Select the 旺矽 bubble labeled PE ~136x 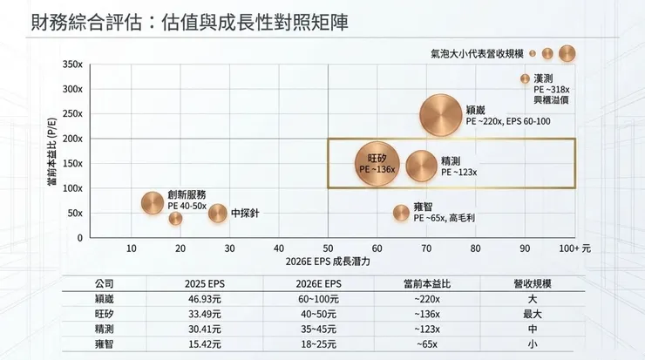[377, 163]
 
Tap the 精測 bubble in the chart [423, 166]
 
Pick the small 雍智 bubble [401, 212]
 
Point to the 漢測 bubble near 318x [525, 78]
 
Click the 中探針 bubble [217, 212]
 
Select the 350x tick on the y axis [73, 65]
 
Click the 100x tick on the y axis [73, 188]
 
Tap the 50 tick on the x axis [328, 248]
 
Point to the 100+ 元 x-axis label [575, 248]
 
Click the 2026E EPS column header [327, 283]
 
